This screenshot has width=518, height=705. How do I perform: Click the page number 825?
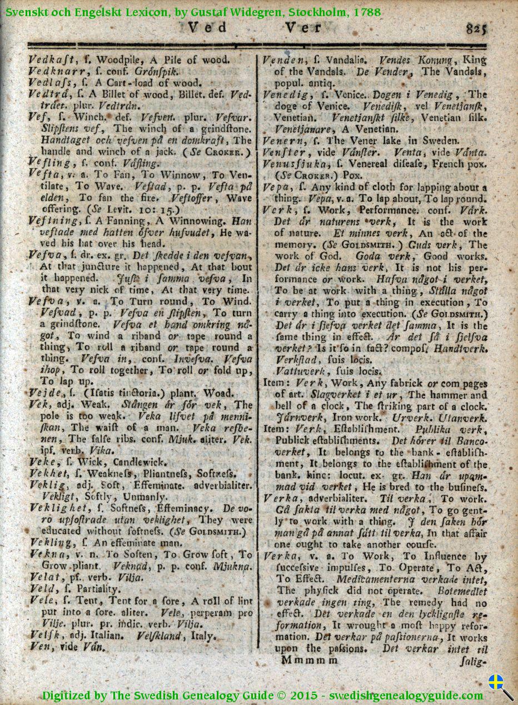point(476,28)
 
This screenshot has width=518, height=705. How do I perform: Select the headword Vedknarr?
point(54,71)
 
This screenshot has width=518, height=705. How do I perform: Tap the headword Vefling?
point(49,163)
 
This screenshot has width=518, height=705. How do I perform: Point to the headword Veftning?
point(52,221)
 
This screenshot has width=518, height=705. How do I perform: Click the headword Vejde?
point(44,393)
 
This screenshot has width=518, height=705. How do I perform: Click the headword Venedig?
point(286,94)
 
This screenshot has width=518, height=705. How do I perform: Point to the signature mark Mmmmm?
point(309,660)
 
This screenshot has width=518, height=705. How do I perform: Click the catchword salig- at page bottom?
point(474,662)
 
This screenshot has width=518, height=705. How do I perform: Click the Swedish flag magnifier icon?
point(500,687)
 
